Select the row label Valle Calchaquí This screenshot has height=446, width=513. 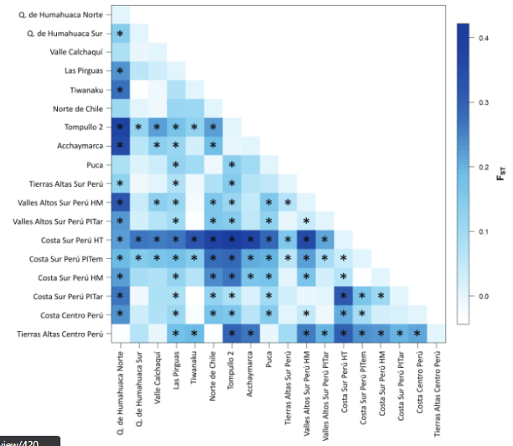tap(77, 52)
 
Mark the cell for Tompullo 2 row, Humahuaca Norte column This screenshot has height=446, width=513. tap(120, 127)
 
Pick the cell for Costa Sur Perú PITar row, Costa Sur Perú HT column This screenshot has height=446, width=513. tap(344, 296)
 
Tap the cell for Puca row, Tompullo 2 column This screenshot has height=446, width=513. tap(232, 165)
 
